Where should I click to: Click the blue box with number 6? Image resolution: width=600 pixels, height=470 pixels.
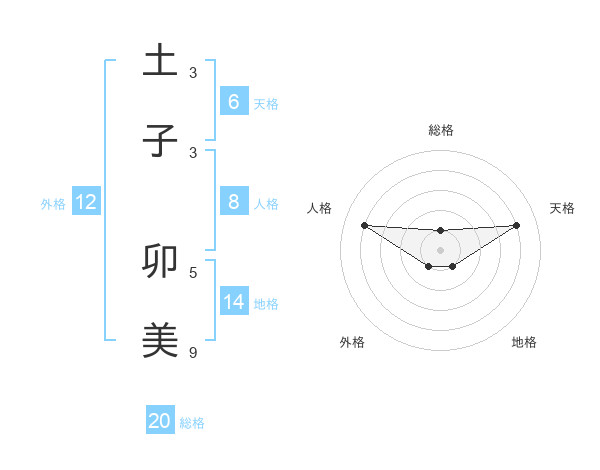[233, 102]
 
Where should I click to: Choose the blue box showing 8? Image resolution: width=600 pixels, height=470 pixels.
[233, 202]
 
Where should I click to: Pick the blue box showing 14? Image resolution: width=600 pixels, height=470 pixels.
[233, 302]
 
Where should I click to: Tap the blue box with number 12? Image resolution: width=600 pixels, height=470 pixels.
[86, 202]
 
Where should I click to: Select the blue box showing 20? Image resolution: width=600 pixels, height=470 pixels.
[160, 421]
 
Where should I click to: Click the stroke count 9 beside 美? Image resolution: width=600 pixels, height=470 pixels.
[193, 352]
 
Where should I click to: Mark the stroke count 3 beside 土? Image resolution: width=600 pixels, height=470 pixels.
[193, 72]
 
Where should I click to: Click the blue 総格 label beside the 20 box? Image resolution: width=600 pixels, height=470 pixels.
[192, 423]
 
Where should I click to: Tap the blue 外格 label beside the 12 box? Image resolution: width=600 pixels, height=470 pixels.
[53, 204]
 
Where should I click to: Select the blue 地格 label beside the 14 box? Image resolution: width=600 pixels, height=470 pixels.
[266, 304]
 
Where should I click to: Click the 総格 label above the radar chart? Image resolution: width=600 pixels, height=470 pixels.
[440, 130]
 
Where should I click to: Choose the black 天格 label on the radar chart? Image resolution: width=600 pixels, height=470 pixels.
[563, 208]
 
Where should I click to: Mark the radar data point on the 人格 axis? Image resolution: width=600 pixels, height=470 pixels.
[364, 225]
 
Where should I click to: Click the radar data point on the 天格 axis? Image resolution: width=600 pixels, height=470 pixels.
[517, 225]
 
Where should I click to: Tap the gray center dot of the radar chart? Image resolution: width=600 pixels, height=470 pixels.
[440, 250]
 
